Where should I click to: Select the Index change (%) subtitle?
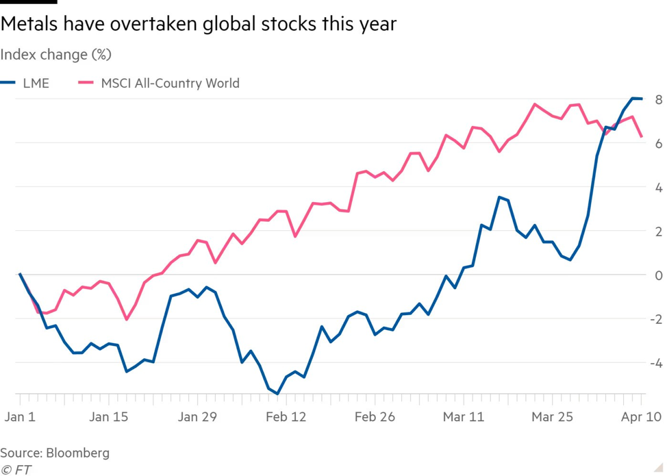(x=55, y=54)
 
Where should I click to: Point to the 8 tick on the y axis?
(x=658, y=99)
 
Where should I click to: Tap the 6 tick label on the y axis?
(x=658, y=143)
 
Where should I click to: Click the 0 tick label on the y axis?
(x=658, y=275)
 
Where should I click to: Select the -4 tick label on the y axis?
(x=655, y=363)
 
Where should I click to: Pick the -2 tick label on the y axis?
(x=655, y=319)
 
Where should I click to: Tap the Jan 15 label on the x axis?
(x=109, y=416)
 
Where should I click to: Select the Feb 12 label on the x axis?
(x=286, y=416)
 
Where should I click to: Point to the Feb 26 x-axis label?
(x=375, y=416)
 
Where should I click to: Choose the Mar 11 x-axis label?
(x=464, y=416)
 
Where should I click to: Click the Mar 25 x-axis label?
(x=553, y=416)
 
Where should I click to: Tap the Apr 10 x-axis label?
(x=642, y=416)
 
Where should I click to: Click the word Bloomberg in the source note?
(x=77, y=453)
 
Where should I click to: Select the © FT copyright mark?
(x=16, y=470)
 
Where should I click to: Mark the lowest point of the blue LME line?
(x=277, y=394)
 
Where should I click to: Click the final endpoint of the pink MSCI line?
(x=642, y=137)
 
